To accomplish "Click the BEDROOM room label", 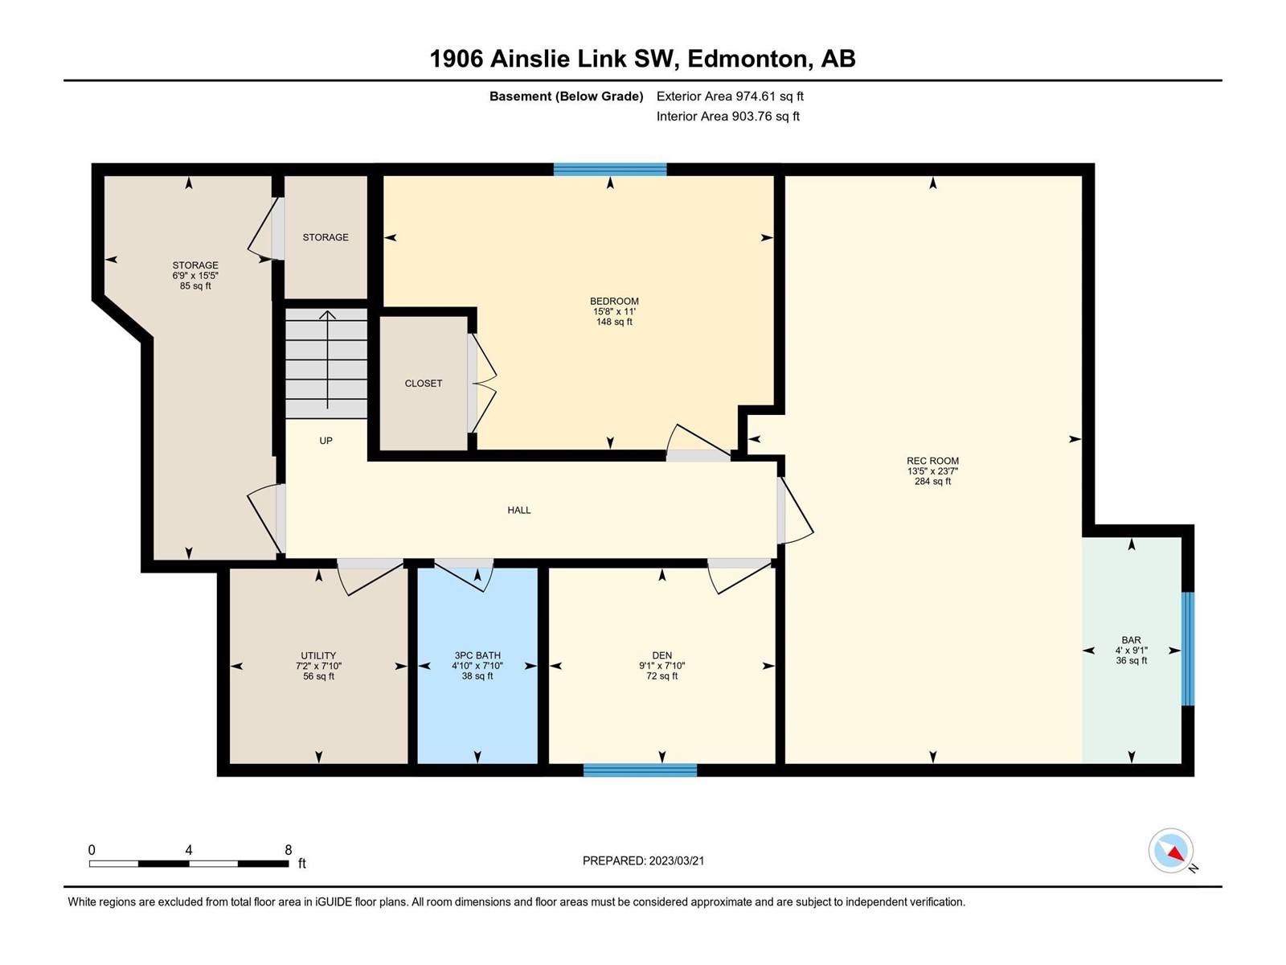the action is point(614,301).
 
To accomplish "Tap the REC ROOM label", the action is point(932,461).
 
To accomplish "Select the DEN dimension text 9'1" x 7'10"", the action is point(662,666).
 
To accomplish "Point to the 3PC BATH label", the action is point(477,655).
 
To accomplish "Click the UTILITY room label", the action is point(318,655).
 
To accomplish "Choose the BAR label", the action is point(1131,640).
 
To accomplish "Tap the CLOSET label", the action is point(423,384).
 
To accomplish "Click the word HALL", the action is point(519,511).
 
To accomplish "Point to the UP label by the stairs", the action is point(326,441).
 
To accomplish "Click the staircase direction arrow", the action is point(327,359).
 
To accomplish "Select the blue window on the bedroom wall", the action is point(610,170).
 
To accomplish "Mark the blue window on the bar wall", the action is point(1188,649).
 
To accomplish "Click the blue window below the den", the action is point(640,770).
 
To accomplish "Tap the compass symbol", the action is point(1171,851).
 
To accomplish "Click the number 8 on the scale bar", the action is point(289,850).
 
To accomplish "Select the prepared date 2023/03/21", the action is point(677,860).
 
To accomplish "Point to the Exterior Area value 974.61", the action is point(754,96).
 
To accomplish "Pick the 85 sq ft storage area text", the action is point(195,286).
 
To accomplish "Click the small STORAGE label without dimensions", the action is point(326,237).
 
